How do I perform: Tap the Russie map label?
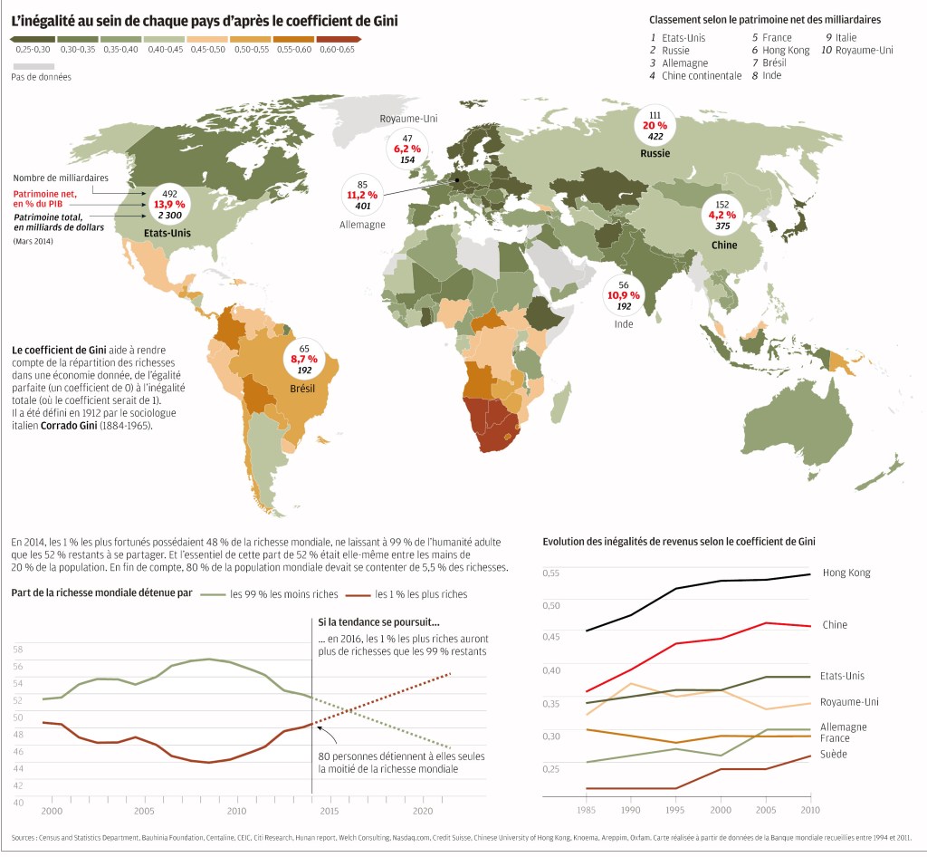655,153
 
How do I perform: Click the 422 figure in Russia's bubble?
655,137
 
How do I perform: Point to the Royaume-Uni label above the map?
408,119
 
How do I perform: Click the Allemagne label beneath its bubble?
362,224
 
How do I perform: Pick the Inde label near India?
624,323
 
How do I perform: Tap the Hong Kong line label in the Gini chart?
846,573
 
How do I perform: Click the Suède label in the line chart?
833,754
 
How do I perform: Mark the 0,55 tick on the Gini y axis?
551,573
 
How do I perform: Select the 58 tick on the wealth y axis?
18,650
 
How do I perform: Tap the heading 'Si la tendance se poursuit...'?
378,622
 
